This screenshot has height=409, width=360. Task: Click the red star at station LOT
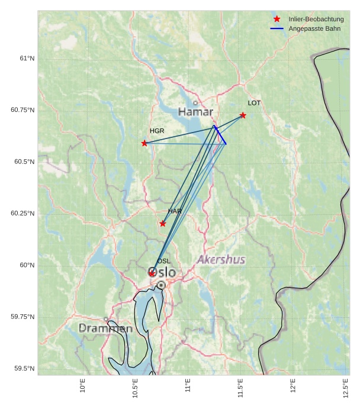pyautogui.click(x=243, y=115)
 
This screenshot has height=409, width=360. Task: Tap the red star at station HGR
pyautogui.click(x=144, y=143)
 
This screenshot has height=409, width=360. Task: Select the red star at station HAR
pyautogui.click(x=163, y=223)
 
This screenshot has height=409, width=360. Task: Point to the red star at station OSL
pyautogui.click(x=152, y=273)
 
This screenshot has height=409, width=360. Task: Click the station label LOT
pyautogui.click(x=254, y=103)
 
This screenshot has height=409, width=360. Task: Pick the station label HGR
pyautogui.click(x=157, y=131)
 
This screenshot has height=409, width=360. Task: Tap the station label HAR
pyautogui.click(x=175, y=211)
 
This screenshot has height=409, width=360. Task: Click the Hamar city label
pyautogui.click(x=195, y=112)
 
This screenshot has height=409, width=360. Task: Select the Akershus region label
pyautogui.click(x=221, y=260)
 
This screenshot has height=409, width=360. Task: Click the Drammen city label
pyautogui.click(x=105, y=328)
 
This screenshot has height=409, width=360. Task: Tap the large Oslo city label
pyautogui.click(x=162, y=272)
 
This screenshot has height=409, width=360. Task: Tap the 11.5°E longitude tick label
pyautogui.click(x=241, y=389)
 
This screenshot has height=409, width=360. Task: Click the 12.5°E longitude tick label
pyautogui.click(x=346, y=389)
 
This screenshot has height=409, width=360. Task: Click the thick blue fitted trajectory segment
pyautogui.click(x=220, y=135)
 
